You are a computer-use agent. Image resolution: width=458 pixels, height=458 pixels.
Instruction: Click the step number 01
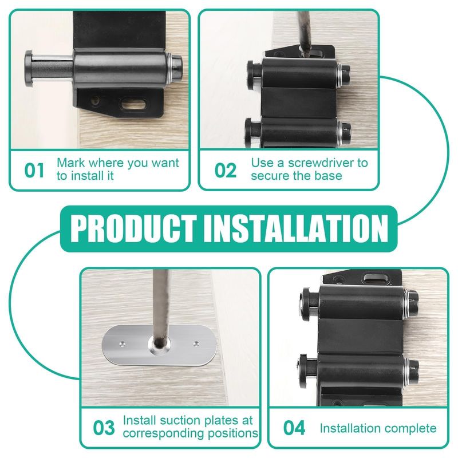[x=34, y=170]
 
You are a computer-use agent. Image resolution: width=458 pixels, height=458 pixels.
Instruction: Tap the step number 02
[x=226, y=170]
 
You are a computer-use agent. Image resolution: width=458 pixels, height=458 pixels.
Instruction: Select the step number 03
[x=104, y=428]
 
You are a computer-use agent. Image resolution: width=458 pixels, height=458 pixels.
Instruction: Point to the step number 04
[x=294, y=428]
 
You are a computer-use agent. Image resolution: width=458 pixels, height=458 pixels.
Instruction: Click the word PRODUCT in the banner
[x=133, y=228]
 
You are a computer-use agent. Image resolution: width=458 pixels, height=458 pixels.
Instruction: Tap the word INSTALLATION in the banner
[x=295, y=228]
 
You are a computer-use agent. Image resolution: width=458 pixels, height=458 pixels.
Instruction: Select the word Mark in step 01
[x=69, y=163]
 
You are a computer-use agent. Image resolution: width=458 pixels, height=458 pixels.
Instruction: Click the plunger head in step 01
[x=29, y=69]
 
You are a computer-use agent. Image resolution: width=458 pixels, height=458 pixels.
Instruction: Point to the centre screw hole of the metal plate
[x=159, y=344]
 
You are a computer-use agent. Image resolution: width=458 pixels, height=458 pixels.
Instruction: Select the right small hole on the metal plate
[x=196, y=343]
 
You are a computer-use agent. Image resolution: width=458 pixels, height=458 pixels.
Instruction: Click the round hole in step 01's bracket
[x=95, y=101]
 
